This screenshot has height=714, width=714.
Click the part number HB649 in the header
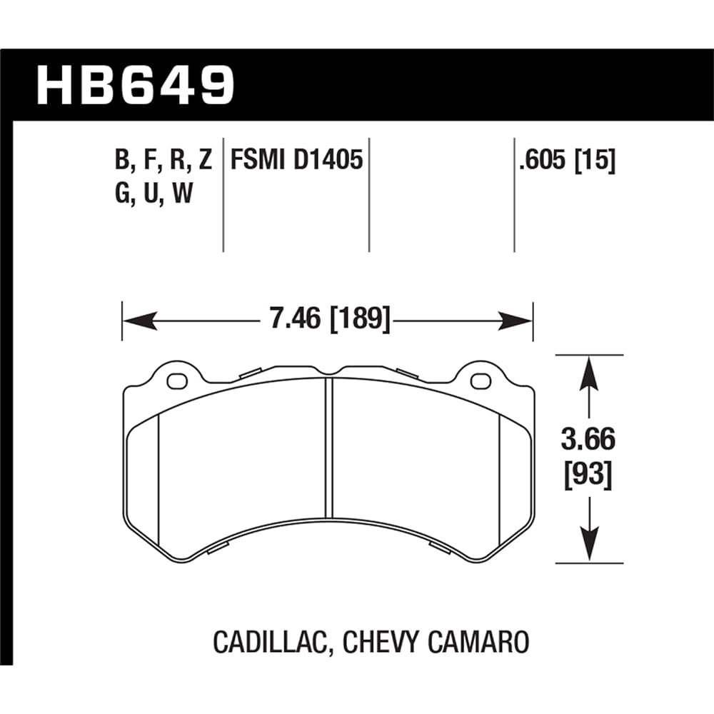click(x=135, y=84)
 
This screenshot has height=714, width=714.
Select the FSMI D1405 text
click(x=296, y=161)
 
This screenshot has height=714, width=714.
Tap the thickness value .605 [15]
click(x=568, y=161)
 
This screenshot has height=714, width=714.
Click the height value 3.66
click(x=587, y=441)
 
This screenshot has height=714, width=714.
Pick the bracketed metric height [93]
click(x=587, y=474)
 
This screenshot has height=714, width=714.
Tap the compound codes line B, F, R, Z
click(x=164, y=161)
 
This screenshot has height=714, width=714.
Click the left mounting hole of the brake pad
click(x=176, y=381)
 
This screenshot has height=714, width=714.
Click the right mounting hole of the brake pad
click(x=480, y=381)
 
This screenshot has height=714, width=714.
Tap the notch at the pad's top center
click(x=328, y=371)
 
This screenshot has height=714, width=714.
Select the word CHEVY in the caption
click(x=378, y=641)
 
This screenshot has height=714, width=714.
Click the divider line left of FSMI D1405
click(x=223, y=193)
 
